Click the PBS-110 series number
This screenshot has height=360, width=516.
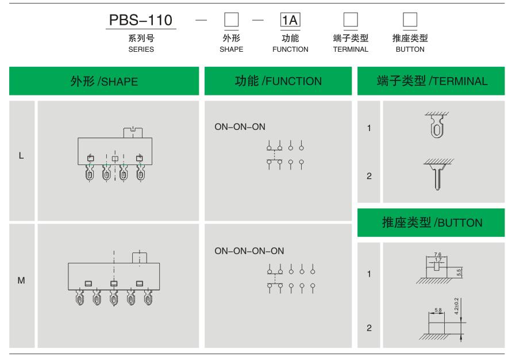pos(141,20)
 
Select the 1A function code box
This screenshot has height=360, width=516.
pos(290,20)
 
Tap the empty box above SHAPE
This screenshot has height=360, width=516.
pos(231,20)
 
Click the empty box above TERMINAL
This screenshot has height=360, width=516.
pos(351,20)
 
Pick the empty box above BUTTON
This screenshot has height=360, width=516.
pos(410,20)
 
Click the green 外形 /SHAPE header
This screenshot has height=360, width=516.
pos(104,81)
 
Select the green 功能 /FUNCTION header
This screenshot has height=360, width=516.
pos(278,81)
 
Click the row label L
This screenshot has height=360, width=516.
pos(22,155)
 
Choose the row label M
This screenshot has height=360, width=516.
pos(22,281)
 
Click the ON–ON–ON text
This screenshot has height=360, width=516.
pos(240,127)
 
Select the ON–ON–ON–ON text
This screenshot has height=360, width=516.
pos(249,251)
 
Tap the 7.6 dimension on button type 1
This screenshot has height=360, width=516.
pos(438,254)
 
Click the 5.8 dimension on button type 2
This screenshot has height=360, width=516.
pos(438,311)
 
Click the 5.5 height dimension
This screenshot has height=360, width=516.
pos(459,272)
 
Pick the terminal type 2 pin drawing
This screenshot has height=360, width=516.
pos(437,175)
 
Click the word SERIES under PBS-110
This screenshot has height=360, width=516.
pos(141,49)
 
